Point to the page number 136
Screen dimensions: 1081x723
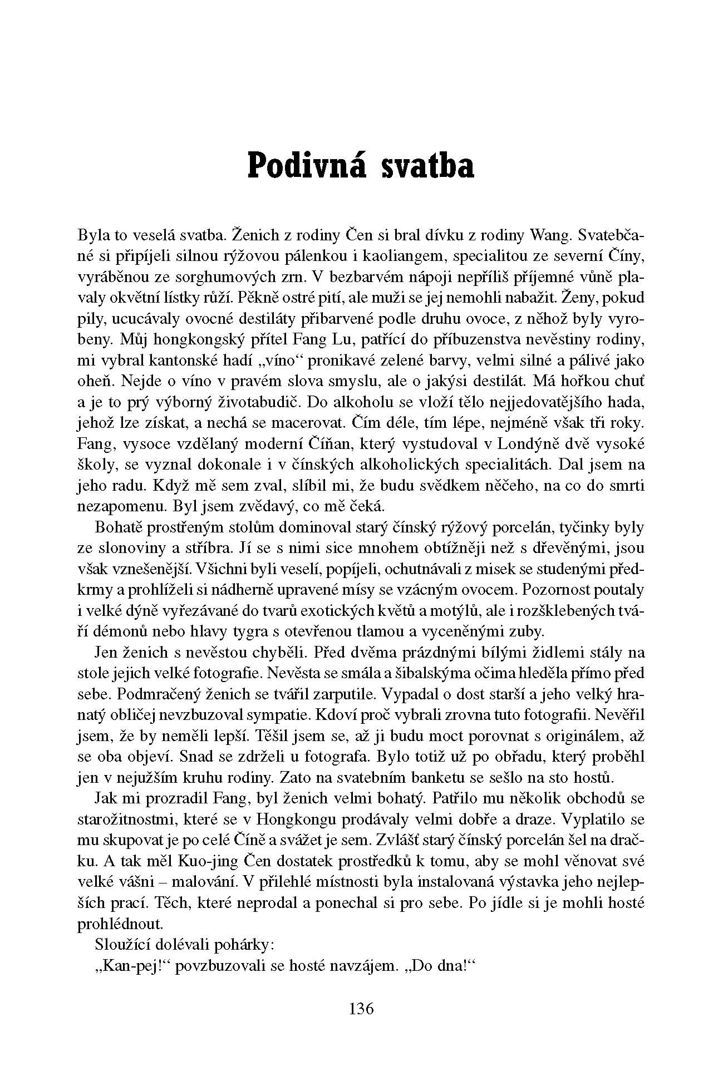coord(361,1008)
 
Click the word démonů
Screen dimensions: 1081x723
coord(120,631)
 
